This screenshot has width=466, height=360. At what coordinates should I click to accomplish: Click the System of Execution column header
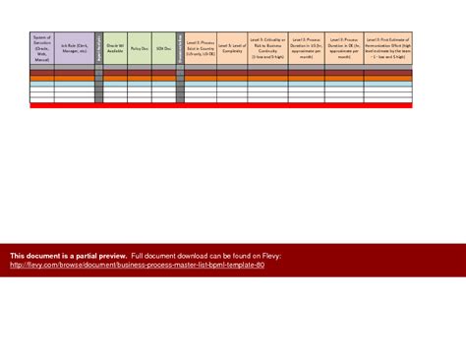click(x=42, y=47)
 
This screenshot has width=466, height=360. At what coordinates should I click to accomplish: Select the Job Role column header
click(x=75, y=47)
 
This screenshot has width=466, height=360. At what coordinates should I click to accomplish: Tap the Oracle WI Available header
click(x=115, y=47)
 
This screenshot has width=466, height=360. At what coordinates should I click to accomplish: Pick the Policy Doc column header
click(x=140, y=47)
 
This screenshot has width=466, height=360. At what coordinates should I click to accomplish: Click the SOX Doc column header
click(x=164, y=47)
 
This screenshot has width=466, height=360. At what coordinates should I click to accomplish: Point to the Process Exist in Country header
click(x=201, y=47)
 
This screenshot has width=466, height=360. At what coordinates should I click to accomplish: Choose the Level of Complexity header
click(x=233, y=47)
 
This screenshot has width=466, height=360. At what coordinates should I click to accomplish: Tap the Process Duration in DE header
click(x=344, y=47)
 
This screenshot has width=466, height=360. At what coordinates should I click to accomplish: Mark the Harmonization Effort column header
click(x=388, y=47)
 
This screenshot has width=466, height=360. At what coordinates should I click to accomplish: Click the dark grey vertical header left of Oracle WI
click(x=99, y=47)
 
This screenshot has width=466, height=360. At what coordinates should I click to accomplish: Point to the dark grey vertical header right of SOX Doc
click(x=180, y=47)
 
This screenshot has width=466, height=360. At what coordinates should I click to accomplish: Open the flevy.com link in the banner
click(x=137, y=265)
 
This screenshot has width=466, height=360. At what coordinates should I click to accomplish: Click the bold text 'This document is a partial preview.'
click(x=68, y=256)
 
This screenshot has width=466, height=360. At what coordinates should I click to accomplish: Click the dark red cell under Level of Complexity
click(x=233, y=71)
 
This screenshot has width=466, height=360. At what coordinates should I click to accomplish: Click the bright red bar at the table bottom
click(x=221, y=105)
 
